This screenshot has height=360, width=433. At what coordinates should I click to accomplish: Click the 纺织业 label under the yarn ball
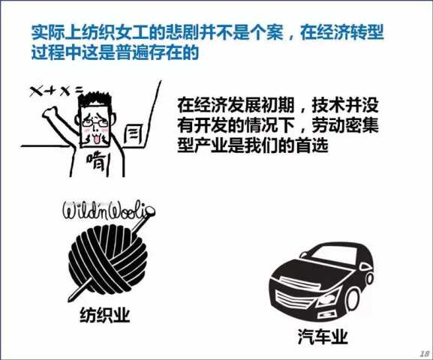click(104, 315)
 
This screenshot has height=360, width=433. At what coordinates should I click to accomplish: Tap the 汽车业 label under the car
click(323, 336)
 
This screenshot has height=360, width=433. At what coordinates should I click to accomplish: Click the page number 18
click(425, 353)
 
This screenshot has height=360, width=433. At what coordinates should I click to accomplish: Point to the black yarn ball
click(108, 259)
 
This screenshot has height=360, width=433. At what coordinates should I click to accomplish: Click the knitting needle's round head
click(150, 211)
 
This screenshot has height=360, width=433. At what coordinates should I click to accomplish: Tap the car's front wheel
click(353, 299)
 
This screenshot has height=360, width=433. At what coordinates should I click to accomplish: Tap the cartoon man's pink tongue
click(96, 139)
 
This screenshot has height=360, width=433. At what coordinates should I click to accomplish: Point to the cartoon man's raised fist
click(50, 112)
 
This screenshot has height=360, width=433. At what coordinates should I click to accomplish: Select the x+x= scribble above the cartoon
click(56, 91)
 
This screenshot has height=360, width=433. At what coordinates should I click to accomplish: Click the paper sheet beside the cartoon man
click(134, 134)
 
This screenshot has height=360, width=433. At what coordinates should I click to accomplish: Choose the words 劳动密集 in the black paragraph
click(345, 125)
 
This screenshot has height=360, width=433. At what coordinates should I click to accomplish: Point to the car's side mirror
click(303, 254)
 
